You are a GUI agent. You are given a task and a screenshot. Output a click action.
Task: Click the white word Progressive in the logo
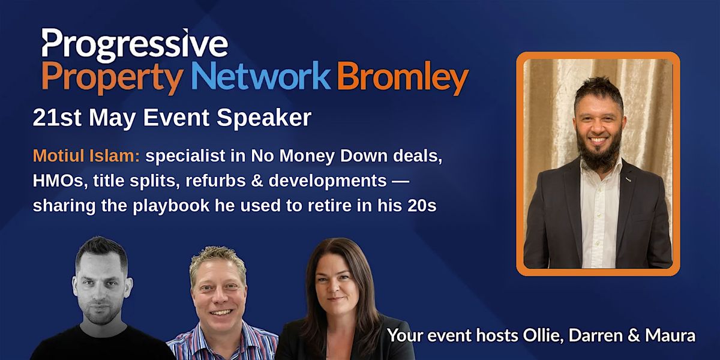coord(135,46)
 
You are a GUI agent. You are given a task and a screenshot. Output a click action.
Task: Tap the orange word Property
coord(113,78)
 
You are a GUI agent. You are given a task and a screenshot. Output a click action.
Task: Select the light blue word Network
coord(260,75)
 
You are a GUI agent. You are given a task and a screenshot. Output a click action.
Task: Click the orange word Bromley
coord(403,78)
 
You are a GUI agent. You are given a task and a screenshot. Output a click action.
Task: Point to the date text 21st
coord(57,118)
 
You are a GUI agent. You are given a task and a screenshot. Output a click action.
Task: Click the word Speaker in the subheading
coord(264,119)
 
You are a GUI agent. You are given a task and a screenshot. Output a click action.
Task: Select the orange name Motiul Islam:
coord(86,156)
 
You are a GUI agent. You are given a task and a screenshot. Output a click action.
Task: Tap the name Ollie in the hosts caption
coord(543,335)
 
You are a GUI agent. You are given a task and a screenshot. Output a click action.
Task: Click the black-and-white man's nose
coord(100,296)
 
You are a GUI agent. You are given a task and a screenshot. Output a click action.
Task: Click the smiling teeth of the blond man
coord(221,312)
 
